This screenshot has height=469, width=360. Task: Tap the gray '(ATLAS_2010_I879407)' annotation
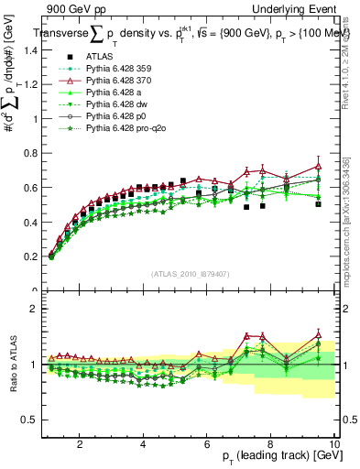tap(190, 273)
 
